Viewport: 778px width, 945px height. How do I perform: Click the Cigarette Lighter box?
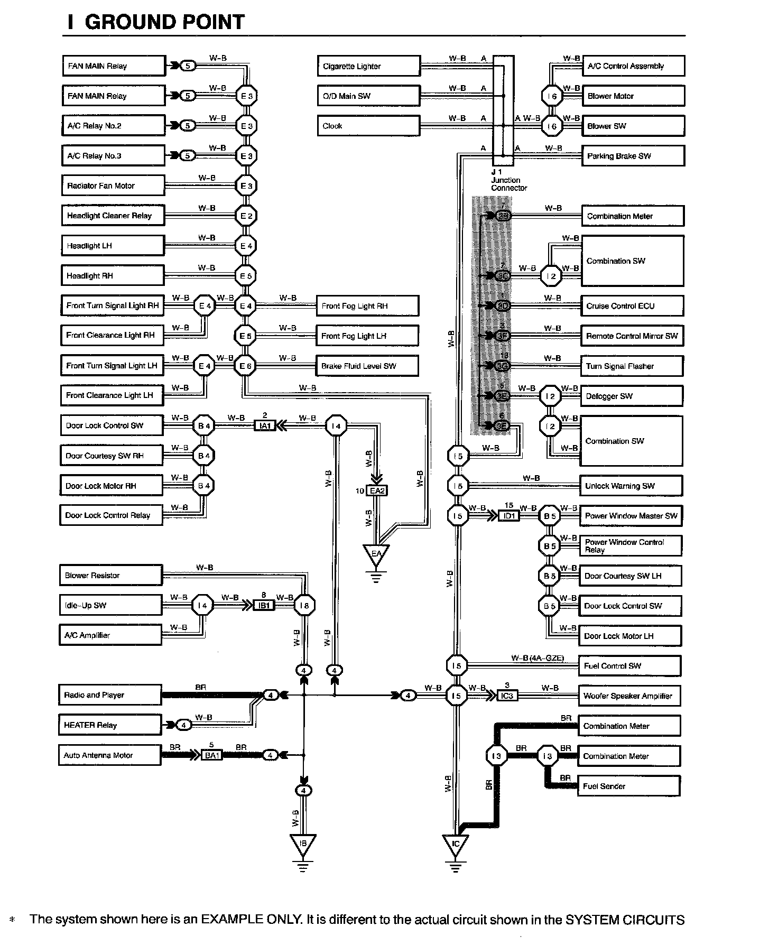[x=368, y=66]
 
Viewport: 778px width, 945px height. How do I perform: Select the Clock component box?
[x=368, y=126]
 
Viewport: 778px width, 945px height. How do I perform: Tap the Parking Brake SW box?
[x=633, y=156]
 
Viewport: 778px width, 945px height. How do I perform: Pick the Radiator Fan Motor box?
[x=113, y=186]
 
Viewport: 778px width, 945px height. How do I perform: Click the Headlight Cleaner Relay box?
[x=113, y=216]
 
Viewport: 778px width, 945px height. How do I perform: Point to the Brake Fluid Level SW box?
[x=367, y=366]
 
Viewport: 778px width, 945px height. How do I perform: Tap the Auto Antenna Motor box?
[x=109, y=755]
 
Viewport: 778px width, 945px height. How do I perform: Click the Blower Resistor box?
[x=110, y=575]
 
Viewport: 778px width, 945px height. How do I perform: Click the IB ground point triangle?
[x=303, y=845]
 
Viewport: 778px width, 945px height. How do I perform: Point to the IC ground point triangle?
[x=456, y=846]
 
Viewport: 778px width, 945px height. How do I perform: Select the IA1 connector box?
[x=265, y=425]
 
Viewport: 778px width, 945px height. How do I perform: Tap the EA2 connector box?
[x=377, y=491]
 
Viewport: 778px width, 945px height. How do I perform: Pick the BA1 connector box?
[x=212, y=755]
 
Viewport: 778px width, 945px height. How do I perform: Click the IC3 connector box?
[x=506, y=696]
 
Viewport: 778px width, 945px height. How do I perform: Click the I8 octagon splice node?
[x=304, y=606]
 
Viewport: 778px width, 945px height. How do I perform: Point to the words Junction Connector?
[x=508, y=184]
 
